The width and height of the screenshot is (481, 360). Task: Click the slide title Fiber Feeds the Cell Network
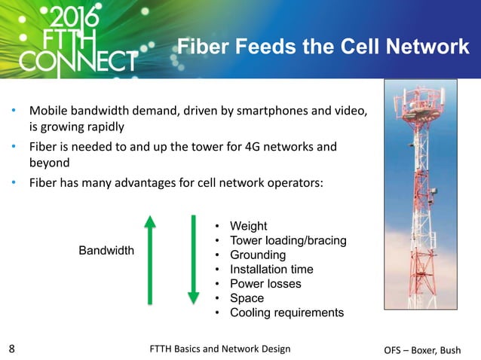pyautogui.click(x=323, y=47)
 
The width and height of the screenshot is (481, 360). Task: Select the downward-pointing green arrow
pyautogui.click(x=193, y=261)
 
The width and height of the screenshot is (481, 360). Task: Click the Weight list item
pyautogui.click(x=248, y=226)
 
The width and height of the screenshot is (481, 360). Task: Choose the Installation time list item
pyautogui.click(x=271, y=269)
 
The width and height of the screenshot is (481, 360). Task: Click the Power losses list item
pyautogui.click(x=265, y=284)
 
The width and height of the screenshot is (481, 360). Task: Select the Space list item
pyautogui.click(x=247, y=298)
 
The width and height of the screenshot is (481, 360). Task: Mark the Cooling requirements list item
pyautogui.click(x=286, y=313)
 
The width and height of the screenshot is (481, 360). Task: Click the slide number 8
pyautogui.click(x=11, y=349)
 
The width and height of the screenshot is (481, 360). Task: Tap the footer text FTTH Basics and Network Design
pyautogui.click(x=220, y=348)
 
